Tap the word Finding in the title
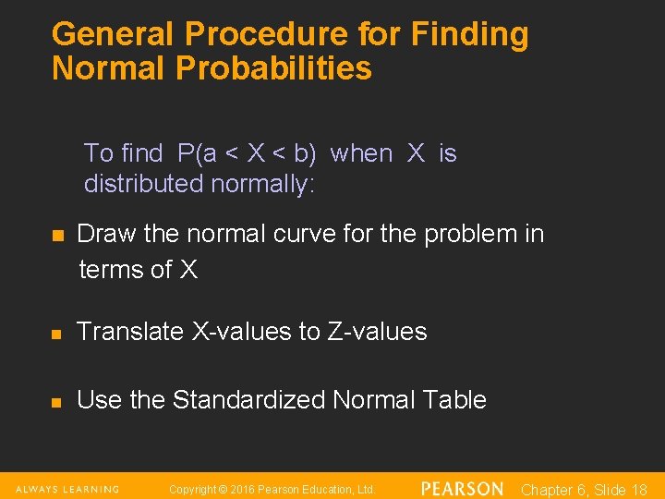[x=471, y=34]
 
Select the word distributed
[x=144, y=184]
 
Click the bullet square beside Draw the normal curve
[x=57, y=236]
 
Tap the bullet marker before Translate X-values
[x=57, y=333]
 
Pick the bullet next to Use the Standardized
[x=57, y=402]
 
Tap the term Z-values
[x=377, y=332]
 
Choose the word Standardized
[x=249, y=400]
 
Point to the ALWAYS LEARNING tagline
[x=66, y=489]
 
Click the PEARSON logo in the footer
[x=462, y=489]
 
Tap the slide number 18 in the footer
[x=636, y=490]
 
